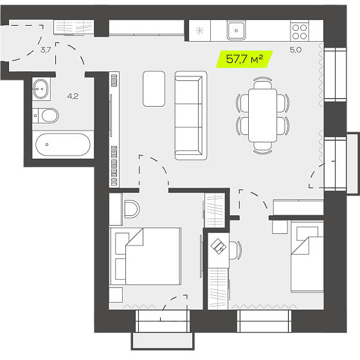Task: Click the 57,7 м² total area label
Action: click(244, 59)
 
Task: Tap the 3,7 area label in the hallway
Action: click(46, 50)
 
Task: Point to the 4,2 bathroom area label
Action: click(73, 96)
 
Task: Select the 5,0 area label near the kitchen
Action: click(296, 50)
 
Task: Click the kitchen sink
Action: click(236, 30)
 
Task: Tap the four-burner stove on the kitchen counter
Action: click(300, 32)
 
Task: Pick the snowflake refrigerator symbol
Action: click(199, 31)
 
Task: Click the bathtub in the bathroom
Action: click(63, 145)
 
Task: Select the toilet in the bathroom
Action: click(46, 116)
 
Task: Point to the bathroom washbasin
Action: click(41, 89)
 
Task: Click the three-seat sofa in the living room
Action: click(191, 116)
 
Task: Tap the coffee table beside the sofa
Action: click(154, 89)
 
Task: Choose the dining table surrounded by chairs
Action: click(263, 115)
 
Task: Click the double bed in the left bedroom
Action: click(145, 256)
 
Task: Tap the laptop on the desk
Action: click(219, 246)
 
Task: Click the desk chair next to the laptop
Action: click(235, 250)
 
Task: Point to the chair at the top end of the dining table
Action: click(263, 83)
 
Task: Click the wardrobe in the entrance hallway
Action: click(74, 28)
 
